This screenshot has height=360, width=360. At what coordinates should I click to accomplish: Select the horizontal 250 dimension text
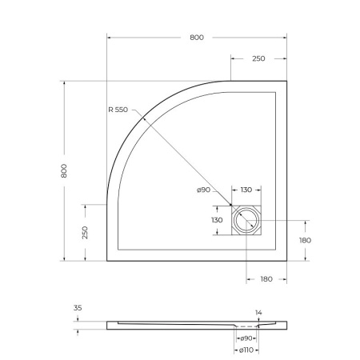point(258,59)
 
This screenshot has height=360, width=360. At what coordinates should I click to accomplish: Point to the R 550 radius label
point(118,110)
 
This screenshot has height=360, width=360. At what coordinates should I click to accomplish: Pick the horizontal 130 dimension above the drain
point(246,190)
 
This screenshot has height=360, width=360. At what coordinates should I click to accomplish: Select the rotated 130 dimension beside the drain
point(217,221)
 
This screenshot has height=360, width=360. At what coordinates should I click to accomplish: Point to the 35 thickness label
point(78,306)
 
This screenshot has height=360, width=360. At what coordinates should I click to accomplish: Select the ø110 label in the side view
point(246,350)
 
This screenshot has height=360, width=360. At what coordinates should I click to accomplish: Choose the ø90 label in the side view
point(246,339)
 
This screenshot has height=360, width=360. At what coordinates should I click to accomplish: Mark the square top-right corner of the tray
point(286,81)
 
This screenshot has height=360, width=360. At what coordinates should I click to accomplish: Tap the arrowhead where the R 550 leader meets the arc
point(143,118)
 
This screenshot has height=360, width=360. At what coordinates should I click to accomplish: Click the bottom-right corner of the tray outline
point(286,261)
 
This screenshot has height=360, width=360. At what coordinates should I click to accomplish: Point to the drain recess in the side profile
point(246,326)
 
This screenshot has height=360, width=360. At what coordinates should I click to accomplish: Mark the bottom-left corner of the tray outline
point(107,261)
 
